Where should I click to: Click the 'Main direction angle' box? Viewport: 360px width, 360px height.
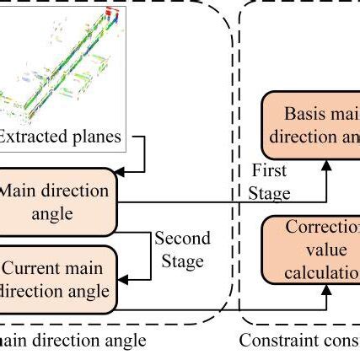[x=59, y=201]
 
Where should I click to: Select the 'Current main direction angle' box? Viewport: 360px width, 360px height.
[x=59, y=280]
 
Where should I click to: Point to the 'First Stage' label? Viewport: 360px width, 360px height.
[x=269, y=182]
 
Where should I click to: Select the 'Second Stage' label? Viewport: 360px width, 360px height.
[x=181, y=250]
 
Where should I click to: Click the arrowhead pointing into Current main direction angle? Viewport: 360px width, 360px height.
[x=123, y=276]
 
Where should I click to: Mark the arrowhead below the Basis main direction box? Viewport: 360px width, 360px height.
[x=327, y=167]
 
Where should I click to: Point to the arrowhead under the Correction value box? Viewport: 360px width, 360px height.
[x=327, y=292]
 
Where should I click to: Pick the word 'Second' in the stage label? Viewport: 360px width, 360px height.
[x=181, y=239]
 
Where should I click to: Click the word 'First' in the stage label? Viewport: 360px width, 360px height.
[x=269, y=171]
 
